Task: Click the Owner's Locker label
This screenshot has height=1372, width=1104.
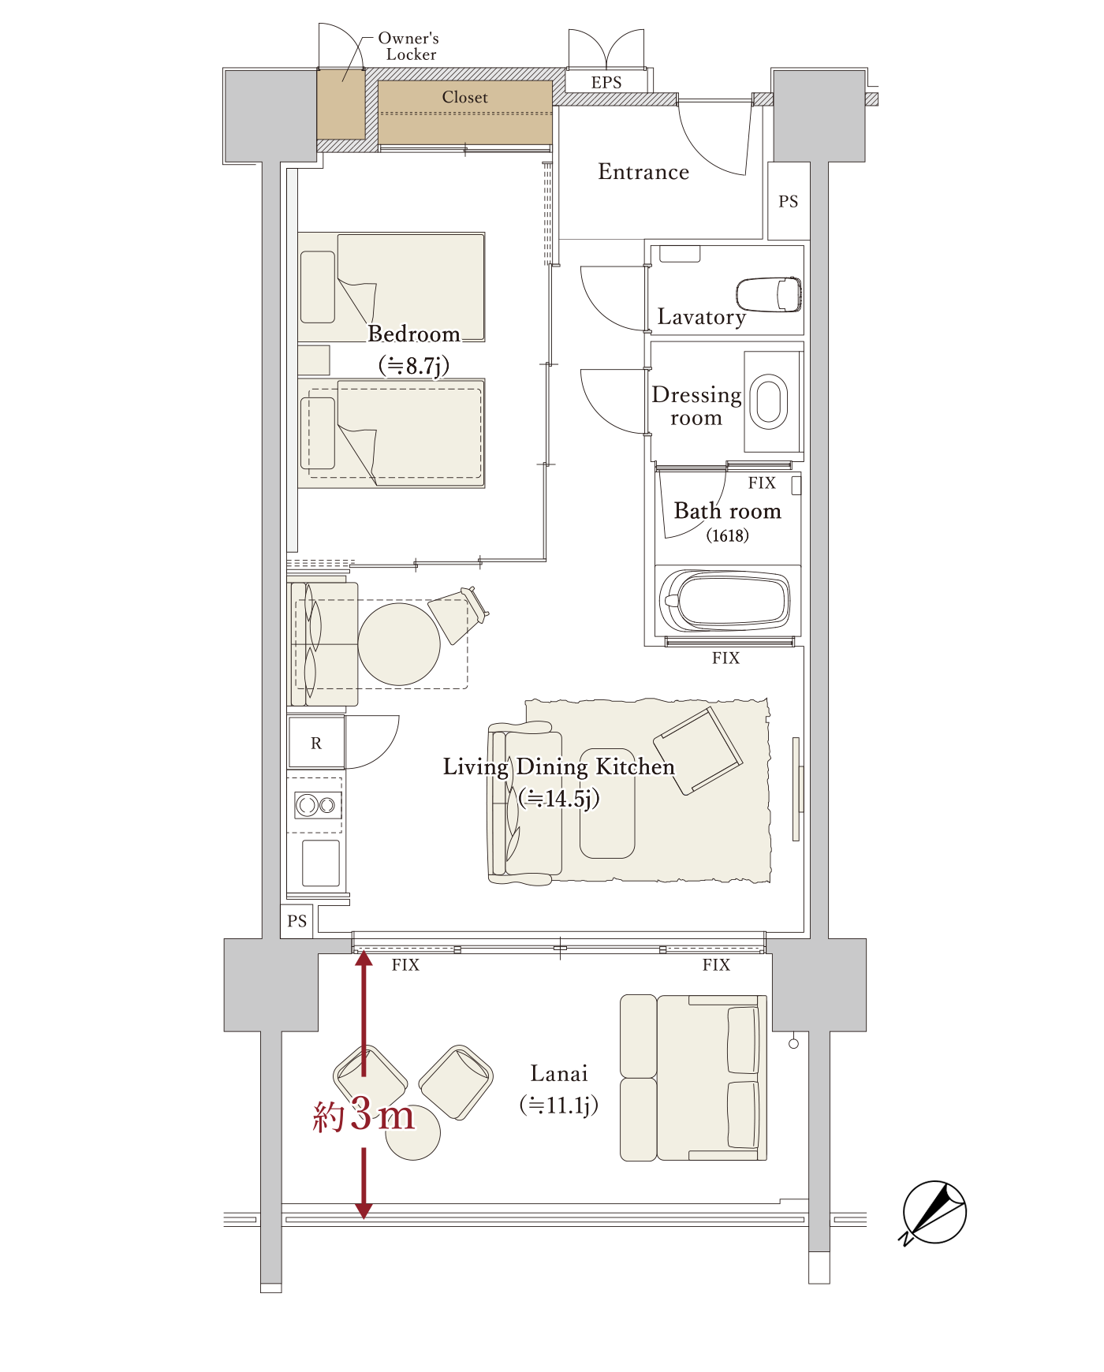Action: [408, 47]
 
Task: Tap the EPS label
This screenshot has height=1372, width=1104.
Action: [606, 83]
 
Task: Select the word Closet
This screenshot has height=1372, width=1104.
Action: [465, 97]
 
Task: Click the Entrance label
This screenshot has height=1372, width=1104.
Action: [643, 172]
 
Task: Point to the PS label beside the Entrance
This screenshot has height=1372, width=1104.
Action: [789, 202]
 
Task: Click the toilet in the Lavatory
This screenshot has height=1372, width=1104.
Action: [770, 294]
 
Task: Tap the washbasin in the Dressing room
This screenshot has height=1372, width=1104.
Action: [769, 401]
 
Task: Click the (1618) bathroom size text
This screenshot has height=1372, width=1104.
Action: [727, 536]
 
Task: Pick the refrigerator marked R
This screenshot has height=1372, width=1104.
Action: [316, 742]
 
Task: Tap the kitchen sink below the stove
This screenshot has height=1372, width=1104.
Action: [321, 863]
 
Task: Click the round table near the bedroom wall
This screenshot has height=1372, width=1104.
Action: [399, 644]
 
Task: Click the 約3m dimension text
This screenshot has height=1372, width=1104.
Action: [364, 1115]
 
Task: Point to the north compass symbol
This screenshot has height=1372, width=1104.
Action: [934, 1213]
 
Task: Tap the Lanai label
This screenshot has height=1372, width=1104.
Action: [559, 1074]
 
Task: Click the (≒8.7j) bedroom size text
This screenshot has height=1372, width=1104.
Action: [414, 366]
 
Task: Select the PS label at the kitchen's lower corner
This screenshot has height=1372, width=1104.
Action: [297, 921]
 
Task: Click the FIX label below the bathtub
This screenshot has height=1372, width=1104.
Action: [726, 658]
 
